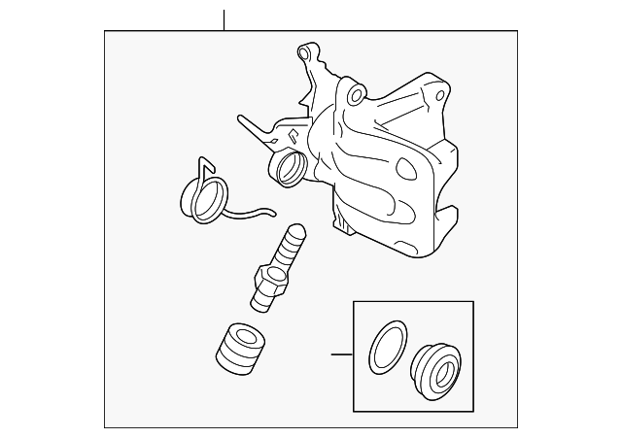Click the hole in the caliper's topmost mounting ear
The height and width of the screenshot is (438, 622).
[308, 50]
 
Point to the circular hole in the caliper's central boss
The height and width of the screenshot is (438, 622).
[355, 95]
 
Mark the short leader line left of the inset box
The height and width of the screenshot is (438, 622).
[340, 354]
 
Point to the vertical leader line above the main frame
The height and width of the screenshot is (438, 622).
[224, 19]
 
